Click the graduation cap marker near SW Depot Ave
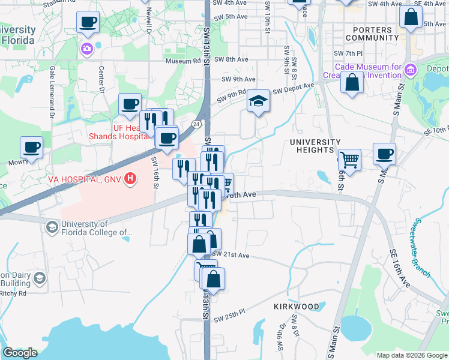259,100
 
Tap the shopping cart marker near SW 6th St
349,160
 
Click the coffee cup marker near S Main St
384,154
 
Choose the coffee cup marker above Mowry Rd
32,146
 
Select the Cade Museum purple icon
411,70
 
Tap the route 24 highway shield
196,124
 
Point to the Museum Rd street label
183,61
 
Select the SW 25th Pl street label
230,316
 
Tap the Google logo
20,353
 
